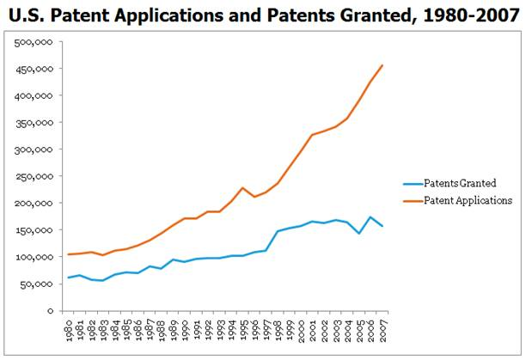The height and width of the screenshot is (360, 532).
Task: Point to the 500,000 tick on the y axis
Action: pyautogui.click(x=39, y=41)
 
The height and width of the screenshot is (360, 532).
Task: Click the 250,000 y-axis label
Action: pyautogui.click(x=39, y=176)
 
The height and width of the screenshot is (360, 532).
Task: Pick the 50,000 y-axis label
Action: pyautogui.click(x=41, y=284)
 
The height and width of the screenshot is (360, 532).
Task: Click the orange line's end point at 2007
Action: pyautogui.click(x=382, y=65)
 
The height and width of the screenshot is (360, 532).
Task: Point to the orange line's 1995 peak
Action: pyautogui.click(x=243, y=187)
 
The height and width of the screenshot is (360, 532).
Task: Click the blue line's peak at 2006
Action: pyautogui.click(x=370, y=217)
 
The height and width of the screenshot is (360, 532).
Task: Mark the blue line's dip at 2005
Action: pyautogui.click(x=359, y=234)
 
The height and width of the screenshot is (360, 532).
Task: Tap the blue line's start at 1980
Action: pyautogui.click(x=70, y=278)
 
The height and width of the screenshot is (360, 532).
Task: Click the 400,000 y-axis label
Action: pyautogui.click(x=39, y=95)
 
